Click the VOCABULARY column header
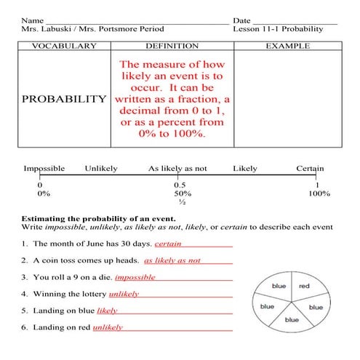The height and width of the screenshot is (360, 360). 64,46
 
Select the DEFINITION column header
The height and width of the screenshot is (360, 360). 172,46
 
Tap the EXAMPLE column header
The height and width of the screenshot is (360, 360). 287,46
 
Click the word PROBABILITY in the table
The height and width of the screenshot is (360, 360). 64,98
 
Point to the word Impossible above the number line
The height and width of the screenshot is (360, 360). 44,169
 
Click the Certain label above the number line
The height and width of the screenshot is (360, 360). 310,169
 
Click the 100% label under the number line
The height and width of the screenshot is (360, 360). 319,194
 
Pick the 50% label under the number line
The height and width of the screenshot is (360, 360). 182,194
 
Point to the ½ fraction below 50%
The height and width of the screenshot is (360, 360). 182,203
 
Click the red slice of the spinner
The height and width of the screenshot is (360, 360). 304,287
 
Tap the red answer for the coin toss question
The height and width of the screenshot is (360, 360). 172,260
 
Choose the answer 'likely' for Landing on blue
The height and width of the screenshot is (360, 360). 107,311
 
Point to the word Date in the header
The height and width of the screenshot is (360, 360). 242,19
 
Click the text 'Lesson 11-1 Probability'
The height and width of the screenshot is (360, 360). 278,29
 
